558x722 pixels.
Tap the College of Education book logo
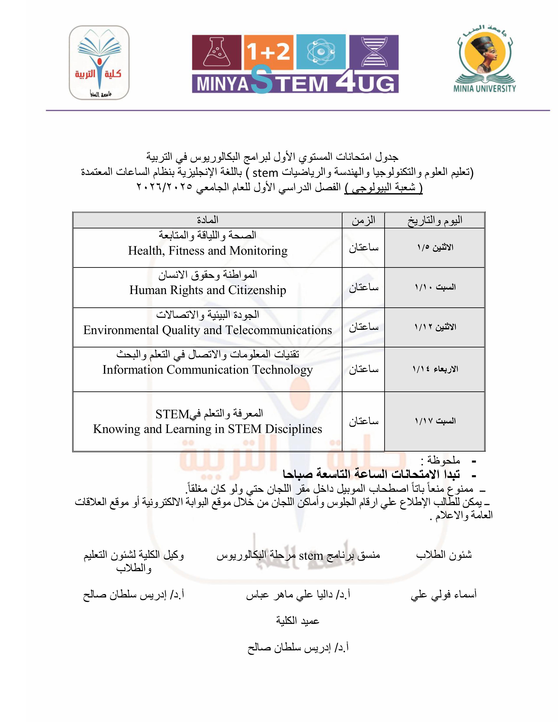[99, 63]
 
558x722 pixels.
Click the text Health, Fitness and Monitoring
[208, 251]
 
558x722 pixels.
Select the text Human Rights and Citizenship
[208, 290]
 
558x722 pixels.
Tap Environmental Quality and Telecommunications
[208, 330]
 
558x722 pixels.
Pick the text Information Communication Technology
[208, 370]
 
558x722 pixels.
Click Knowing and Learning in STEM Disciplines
[208, 429]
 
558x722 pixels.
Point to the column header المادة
[208, 220]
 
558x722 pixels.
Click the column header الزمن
[363, 220]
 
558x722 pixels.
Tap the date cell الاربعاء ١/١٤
[435, 369]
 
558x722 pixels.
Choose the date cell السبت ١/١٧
[435, 421]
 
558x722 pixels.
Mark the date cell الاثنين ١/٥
[435, 247]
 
